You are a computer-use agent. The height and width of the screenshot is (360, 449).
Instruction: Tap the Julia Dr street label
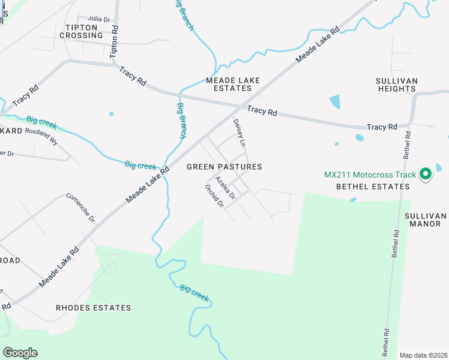click(100, 19)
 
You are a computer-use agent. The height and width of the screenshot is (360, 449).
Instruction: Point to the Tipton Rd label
click(115, 40)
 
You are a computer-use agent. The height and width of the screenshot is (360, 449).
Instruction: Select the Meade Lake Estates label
click(229, 84)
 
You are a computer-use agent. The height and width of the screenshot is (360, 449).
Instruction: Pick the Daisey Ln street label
click(240, 133)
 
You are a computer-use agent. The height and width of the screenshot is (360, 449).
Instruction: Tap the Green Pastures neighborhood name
click(224, 167)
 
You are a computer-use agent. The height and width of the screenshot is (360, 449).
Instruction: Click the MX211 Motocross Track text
click(370, 175)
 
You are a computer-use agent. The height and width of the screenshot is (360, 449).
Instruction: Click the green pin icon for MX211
click(426, 175)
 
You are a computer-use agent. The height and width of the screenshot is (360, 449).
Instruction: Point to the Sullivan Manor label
click(426, 220)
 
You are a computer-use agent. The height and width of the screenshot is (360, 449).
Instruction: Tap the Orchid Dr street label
click(214, 196)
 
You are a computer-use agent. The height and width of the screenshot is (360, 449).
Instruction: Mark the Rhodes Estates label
click(93, 308)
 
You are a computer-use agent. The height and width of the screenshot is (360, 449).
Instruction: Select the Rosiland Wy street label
click(41, 136)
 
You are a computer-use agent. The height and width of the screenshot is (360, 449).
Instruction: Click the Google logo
click(20, 353)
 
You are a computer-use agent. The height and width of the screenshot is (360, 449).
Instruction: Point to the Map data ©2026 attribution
click(423, 355)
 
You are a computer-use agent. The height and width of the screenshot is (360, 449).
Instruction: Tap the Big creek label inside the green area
click(194, 292)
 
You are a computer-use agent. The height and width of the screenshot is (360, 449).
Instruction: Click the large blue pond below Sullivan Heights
click(334, 102)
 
